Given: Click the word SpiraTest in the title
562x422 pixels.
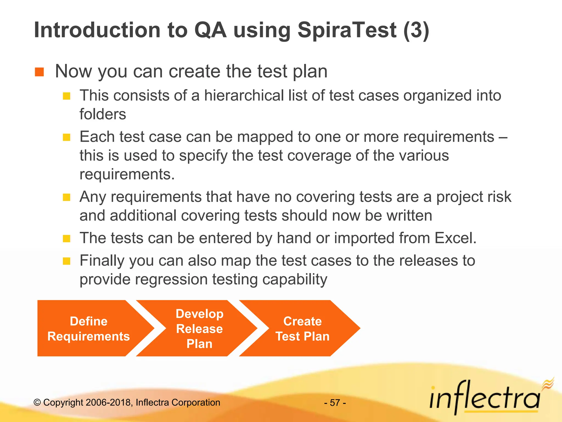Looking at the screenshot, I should (347, 30).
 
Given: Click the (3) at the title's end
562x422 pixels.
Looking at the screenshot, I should (416, 30).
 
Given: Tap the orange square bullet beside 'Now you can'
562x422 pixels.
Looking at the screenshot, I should (40, 72).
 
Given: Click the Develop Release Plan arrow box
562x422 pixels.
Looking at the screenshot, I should (199, 328).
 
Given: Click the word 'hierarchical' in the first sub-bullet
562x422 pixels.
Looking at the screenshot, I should (244, 96).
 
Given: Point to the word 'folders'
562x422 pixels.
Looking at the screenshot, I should (103, 114).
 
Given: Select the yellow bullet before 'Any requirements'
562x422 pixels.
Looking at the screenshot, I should (67, 197).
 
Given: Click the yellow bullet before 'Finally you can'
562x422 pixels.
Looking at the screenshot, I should (67, 261).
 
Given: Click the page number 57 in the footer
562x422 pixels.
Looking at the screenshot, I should (335, 403).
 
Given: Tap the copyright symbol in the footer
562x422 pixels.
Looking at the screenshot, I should (37, 402).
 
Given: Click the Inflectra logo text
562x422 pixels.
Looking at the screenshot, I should (484, 398).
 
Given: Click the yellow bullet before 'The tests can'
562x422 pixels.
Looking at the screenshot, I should (67, 238).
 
